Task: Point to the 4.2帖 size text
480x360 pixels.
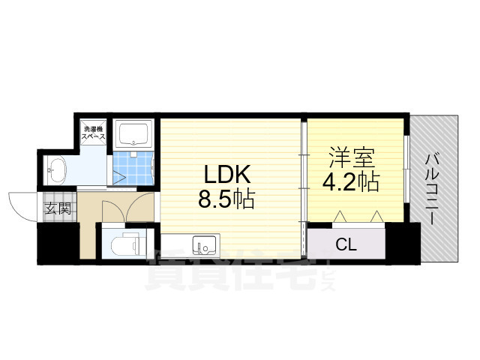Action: (351, 182)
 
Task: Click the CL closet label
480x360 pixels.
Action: (346, 244)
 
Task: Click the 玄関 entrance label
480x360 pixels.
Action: (57, 208)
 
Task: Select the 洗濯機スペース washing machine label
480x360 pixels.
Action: (94, 136)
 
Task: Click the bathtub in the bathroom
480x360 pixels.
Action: (135, 134)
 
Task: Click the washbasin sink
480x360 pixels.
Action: (57, 172)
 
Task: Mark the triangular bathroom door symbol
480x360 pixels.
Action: (120, 178)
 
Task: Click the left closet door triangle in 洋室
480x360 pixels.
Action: (339, 216)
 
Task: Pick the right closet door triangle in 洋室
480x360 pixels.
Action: (376, 216)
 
